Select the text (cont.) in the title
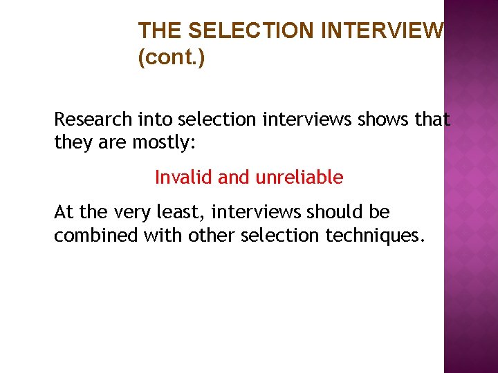coord(172,57)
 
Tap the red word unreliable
coord(299,178)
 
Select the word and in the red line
coord(236,178)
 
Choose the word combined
coord(96,236)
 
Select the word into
coord(153,119)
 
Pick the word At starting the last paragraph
coord(64,212)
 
